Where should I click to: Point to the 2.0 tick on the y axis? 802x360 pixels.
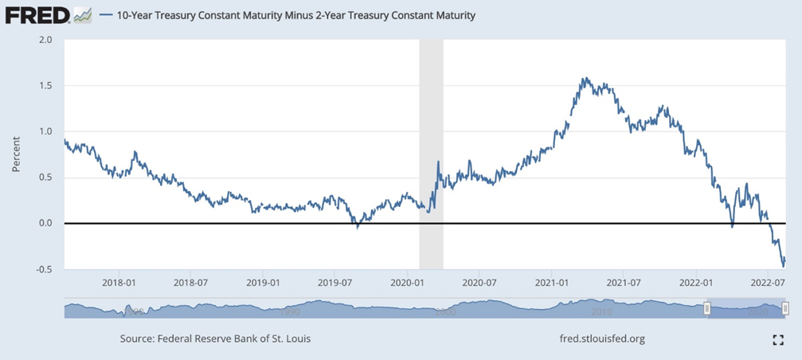click(x=46, y=39)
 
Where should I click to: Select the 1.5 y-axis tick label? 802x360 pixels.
click(x=46, y=85)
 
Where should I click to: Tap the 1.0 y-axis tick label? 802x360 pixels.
click(x=46, y=131)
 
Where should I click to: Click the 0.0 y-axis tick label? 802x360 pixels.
click(x=46, y=223)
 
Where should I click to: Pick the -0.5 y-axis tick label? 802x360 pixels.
click(x=45, y=269)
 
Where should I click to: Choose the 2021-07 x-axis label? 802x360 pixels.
click(x=628, y=282)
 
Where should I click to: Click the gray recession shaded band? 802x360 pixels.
click(x=431, y=151)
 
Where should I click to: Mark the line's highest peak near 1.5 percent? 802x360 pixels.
click(x=585, y=78)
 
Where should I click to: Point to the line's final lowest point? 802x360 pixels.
click(x=782, y=266)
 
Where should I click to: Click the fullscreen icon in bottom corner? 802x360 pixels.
click(x=778, y=339)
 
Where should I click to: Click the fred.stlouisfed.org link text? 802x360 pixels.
click(x=603, y=338)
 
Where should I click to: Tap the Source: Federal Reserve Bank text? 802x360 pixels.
click(x=215, y=338)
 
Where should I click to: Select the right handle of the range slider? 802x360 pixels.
click(x=785, y=308)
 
